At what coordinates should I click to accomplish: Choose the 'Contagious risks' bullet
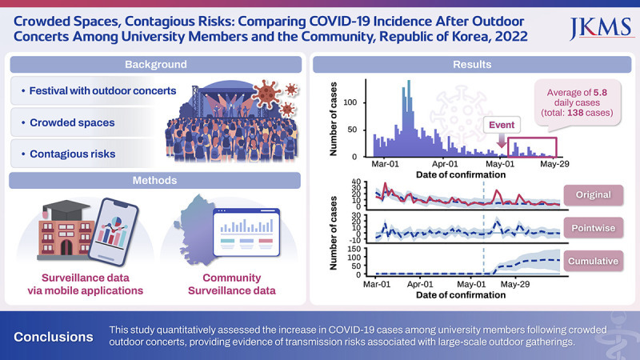pyautogui.click(x=80, y=151)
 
